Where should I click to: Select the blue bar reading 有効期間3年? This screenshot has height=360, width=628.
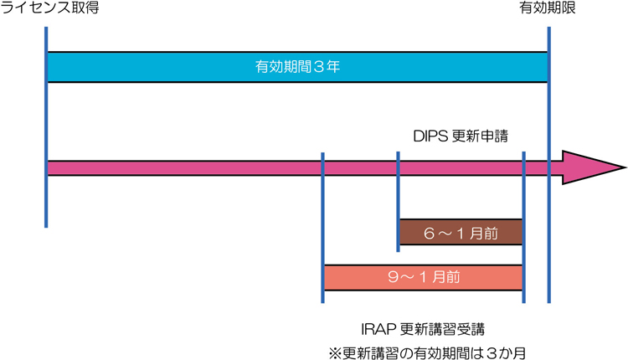click(x=297, y=67)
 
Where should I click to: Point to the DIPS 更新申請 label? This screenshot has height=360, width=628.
click(x=461, y=133)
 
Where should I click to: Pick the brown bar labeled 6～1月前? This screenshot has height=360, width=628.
click(x=460, y=232)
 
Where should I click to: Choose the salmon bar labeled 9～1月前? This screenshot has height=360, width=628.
click(x=423, y=277)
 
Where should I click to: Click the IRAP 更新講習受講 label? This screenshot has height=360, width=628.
click(x=422, y=327)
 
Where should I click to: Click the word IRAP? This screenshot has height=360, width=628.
click(x=375, y=327)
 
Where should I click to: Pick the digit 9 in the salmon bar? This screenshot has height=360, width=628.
click(x=390, y=277)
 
